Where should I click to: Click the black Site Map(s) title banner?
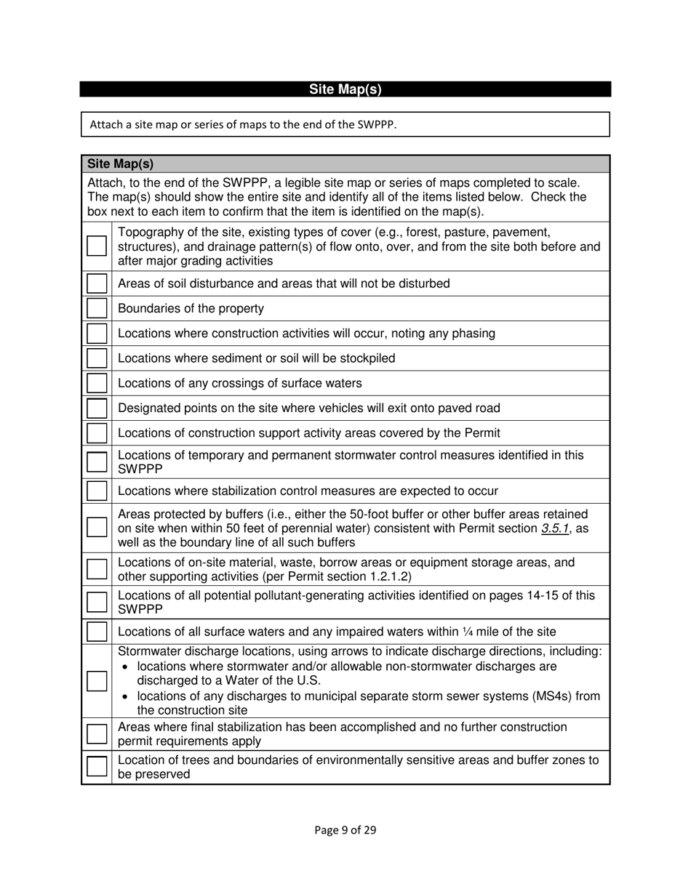(x=345, y=89)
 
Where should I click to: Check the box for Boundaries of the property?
(x=97, y=308)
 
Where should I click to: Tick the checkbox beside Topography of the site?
(x=97, y=246)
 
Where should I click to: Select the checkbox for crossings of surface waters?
(x=97, y=383)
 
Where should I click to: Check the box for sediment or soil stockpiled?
(x=97, y=358)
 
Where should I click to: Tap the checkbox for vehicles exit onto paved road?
(x=97, y=408)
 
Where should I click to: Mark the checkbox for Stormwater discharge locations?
(x=97, y=681)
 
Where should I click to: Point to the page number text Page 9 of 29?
(x=345, y=830)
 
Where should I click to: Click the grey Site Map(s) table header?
(x=345, y=164)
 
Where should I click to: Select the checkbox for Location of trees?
(x=97, y=768)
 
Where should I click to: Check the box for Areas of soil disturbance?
(x=97, y=283)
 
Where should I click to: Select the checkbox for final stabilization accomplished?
(x=97, y=734)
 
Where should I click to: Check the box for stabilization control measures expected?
(x=97, y=491)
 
